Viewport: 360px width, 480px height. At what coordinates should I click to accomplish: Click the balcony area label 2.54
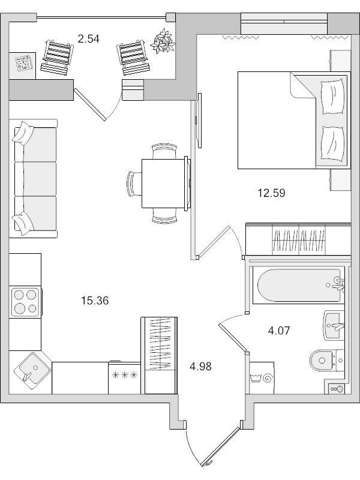pyautogui.click(x=88, y=39)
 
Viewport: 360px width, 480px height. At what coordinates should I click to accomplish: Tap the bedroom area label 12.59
pyautogui.click(x=272, y=193)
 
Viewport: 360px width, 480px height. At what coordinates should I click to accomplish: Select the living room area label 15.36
pyautogui.click(x=95, y=301)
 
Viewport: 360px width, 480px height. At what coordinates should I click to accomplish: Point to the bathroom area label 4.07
pyautogui.click(x=279, y=331)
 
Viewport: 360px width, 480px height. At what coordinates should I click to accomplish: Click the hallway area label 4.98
pyautogui.click(x=201, y=366)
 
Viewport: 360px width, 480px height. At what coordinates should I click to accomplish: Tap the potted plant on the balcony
pyautogui.click(x=163, y=41)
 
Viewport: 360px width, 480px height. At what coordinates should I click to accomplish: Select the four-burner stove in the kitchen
pyautogui.click(x=25, y=302)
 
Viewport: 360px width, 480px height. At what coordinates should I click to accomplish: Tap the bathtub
pyautogui.click(x=299, y=286)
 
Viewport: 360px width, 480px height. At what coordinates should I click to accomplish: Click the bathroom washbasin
pyautogui.click(x=334, y=325)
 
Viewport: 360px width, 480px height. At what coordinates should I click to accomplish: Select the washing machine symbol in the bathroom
pyautogui.click(x=262, y=378)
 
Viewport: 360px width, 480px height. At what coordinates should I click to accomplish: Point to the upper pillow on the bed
pyautogui.click(x=332, y=97)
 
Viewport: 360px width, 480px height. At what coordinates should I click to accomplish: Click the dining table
pyautogui.click(x=164, y=183)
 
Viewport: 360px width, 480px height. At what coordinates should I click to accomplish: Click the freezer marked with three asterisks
pyautogui.click(x=125, y=378)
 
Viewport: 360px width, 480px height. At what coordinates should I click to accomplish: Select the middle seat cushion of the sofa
pyautogui.click(x=36, y=179)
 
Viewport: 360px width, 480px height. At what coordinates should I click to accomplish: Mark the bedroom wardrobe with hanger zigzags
pyautogui.click(x=298, y=239)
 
